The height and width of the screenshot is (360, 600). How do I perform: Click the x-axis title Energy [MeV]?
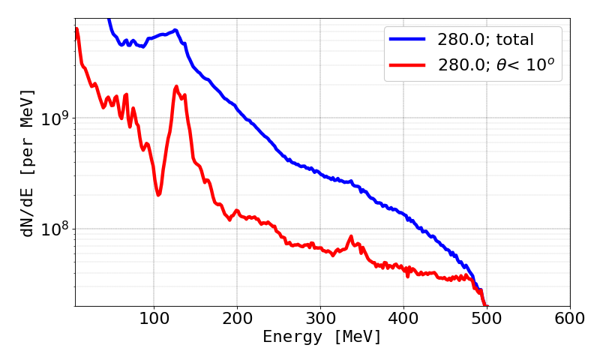point(322,338)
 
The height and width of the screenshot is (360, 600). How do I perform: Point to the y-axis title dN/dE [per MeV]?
point(28,163)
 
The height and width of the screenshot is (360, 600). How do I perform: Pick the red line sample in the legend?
point(406,66)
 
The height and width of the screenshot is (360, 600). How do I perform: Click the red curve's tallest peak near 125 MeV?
point(176,87)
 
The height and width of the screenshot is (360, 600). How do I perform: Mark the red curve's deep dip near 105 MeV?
point(158,194)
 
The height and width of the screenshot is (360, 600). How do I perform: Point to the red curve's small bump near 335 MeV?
point(350,238)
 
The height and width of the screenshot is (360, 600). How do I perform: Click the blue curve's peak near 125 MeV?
point(175,31)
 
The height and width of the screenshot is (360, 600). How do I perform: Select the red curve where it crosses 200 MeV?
point(237,211)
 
